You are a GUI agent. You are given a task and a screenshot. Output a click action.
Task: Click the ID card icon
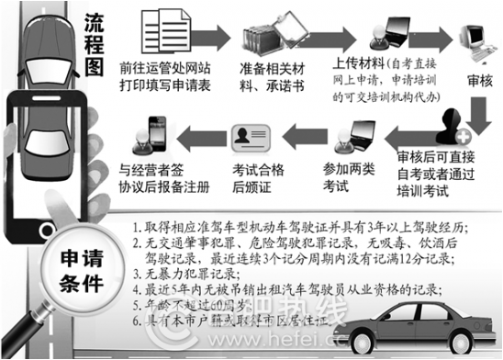(251, 139)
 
